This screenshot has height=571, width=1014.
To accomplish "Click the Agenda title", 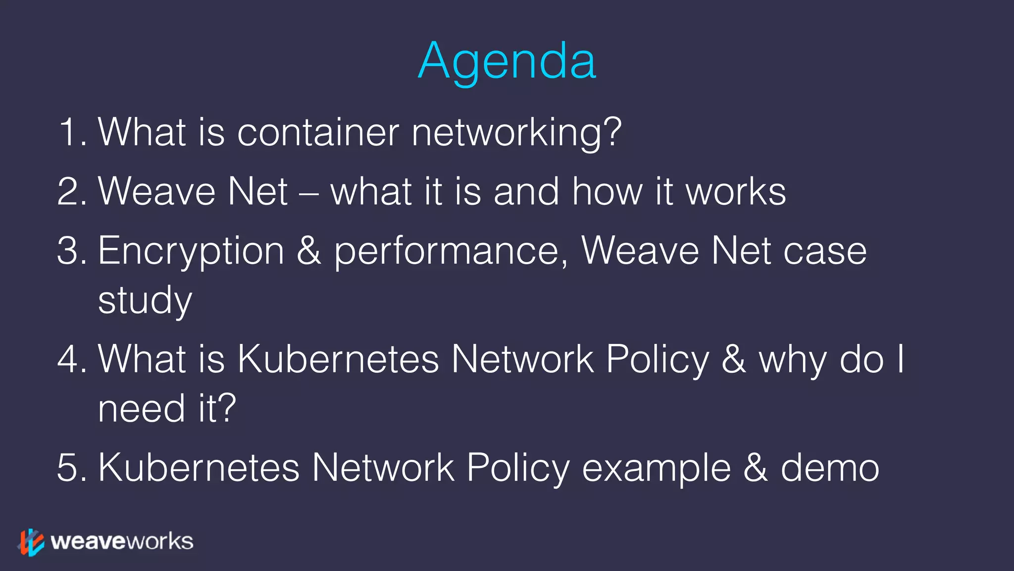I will coord(507,61).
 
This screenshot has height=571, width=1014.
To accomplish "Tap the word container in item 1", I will coord(318,132).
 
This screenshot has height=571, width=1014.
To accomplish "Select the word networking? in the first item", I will coord(516,132).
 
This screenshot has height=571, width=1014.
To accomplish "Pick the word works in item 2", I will coord(736,191).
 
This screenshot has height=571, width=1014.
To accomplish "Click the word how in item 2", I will coord(608,191).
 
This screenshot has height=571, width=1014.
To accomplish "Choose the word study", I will coord(145,300).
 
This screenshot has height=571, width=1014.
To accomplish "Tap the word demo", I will coord(830,467).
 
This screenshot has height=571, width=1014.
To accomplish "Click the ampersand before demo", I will coord(755,467).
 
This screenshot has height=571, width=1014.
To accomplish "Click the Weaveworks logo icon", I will coord(31,542).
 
